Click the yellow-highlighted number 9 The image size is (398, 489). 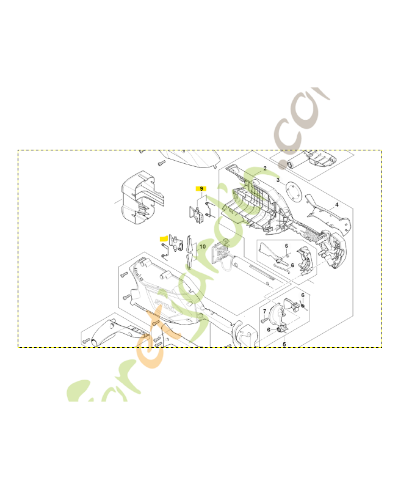click(x=201, y=189)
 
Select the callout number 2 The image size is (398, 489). click(x=265, y=168)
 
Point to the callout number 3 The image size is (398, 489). click(x=278, y=181)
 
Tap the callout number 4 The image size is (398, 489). click(x=283, y=344)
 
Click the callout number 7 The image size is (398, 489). click(x=263, y=311)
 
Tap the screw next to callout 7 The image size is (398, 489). click(x=264, y=320)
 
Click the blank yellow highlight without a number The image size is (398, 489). click(x=163, y=237)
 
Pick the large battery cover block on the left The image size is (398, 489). click(x=140, y=197)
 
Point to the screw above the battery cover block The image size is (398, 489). click(x=161, y=163)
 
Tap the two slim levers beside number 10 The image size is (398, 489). click(x=190, y=251)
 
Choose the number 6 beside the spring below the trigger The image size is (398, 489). click(x=286, y=246)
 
